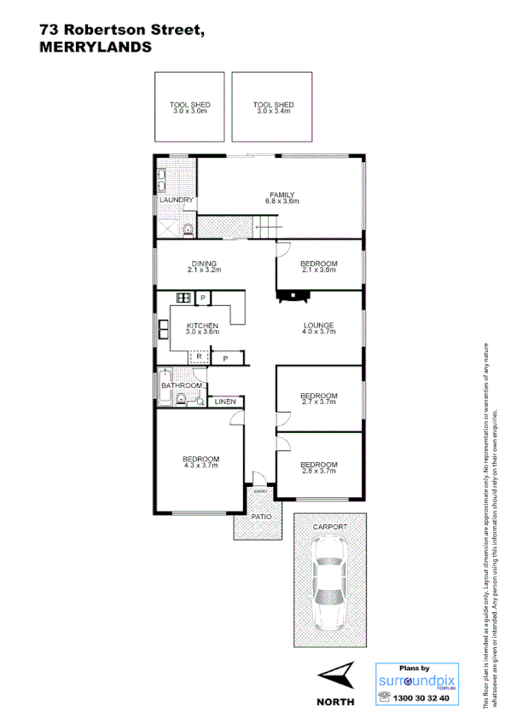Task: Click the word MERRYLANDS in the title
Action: coord(96,48)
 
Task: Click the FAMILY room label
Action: coord(282,197)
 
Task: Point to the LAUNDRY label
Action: coord(176,200)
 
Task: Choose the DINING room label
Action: coord(204,266)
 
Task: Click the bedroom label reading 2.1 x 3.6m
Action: coord(318,266)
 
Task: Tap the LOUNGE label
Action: coord(318,328)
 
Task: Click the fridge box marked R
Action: coord(198,356)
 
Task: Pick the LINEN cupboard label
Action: coord(225,401)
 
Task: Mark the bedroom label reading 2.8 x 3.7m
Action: coord(318,468)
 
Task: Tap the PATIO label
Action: coord(260,516)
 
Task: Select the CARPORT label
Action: coord(330,528)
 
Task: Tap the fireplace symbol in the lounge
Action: coord(292,296)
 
